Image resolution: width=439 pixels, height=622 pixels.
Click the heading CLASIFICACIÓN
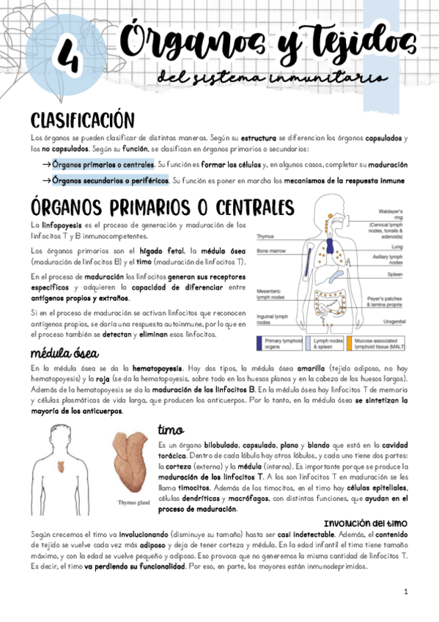82,120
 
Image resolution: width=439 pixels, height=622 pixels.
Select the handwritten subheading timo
170,430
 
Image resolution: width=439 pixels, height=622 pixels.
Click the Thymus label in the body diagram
265,237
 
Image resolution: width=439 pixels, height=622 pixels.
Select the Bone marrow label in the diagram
270,250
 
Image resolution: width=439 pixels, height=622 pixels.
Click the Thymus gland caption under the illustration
134,502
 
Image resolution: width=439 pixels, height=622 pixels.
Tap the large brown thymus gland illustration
133,463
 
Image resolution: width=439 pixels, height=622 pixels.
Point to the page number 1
405,592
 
